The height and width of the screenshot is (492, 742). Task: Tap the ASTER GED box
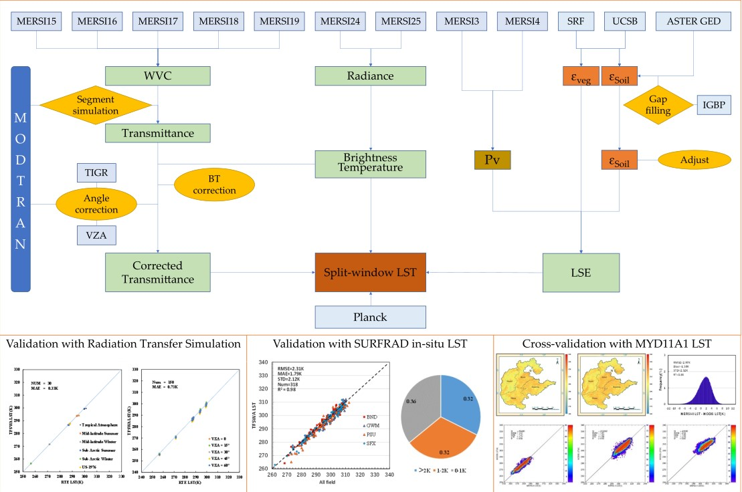694,21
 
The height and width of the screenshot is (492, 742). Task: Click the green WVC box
158,76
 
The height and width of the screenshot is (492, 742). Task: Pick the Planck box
370,316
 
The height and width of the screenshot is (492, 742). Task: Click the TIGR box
96,172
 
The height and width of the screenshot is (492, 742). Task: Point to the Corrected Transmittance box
158,272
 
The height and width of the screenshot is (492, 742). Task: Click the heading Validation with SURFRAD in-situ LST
369,344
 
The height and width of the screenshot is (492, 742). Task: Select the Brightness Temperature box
370,163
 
